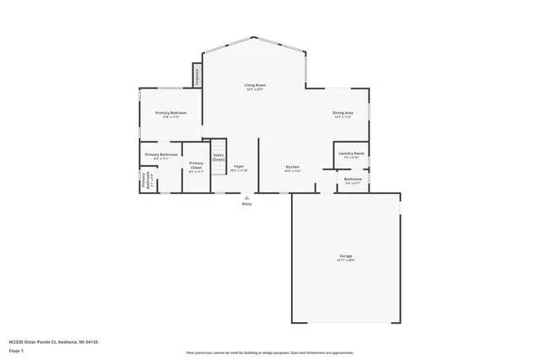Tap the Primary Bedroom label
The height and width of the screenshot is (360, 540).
pyautogui.click(x=170, y=113)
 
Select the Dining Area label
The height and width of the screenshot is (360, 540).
pyautogui.click(x=343, y=113)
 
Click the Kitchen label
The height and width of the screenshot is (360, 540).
pyautogui.click(x=292, y=167)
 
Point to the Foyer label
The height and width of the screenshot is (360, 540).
pyautogui.click(x=239, y=167)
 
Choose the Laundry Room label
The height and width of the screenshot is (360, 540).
pyautogui.click(x=351, y=153)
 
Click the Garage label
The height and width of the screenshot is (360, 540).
pyautogui.click(x=346, y=255)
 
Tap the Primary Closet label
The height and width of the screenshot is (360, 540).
pyautogui.click(x=196, y=164)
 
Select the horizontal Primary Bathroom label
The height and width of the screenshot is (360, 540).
pyautogui.click(x=160, y=154)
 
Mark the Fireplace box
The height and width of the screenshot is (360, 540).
pyautogui.click(x=197, y=76)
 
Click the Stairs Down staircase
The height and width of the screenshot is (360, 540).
pyautogui.click(x=219, y=154)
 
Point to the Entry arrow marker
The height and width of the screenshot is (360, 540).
pyautogui.click(x=247, y=197)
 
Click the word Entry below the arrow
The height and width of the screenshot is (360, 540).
pyautogui.click(x=247, y=204)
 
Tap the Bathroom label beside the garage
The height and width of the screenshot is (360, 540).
pyautogui.click(x=353, y=179)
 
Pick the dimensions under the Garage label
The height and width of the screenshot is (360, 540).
pyautogui.click(x=346, y=261)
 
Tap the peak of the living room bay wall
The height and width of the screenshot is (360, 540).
pyautogui.click(x=254, y=37)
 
